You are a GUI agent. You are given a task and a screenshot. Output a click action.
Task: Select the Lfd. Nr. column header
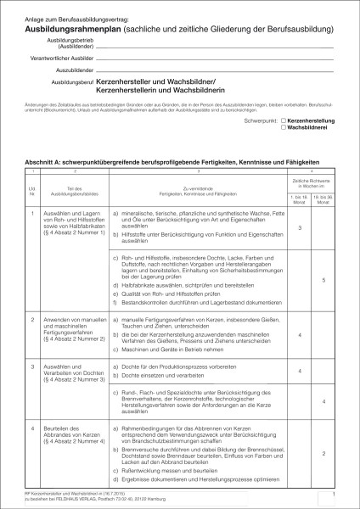coord(33,187)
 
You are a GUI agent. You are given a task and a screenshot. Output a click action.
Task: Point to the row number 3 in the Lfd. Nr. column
coord(33,366)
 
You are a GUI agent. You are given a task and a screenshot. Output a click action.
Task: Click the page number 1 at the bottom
coord(335,493)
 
